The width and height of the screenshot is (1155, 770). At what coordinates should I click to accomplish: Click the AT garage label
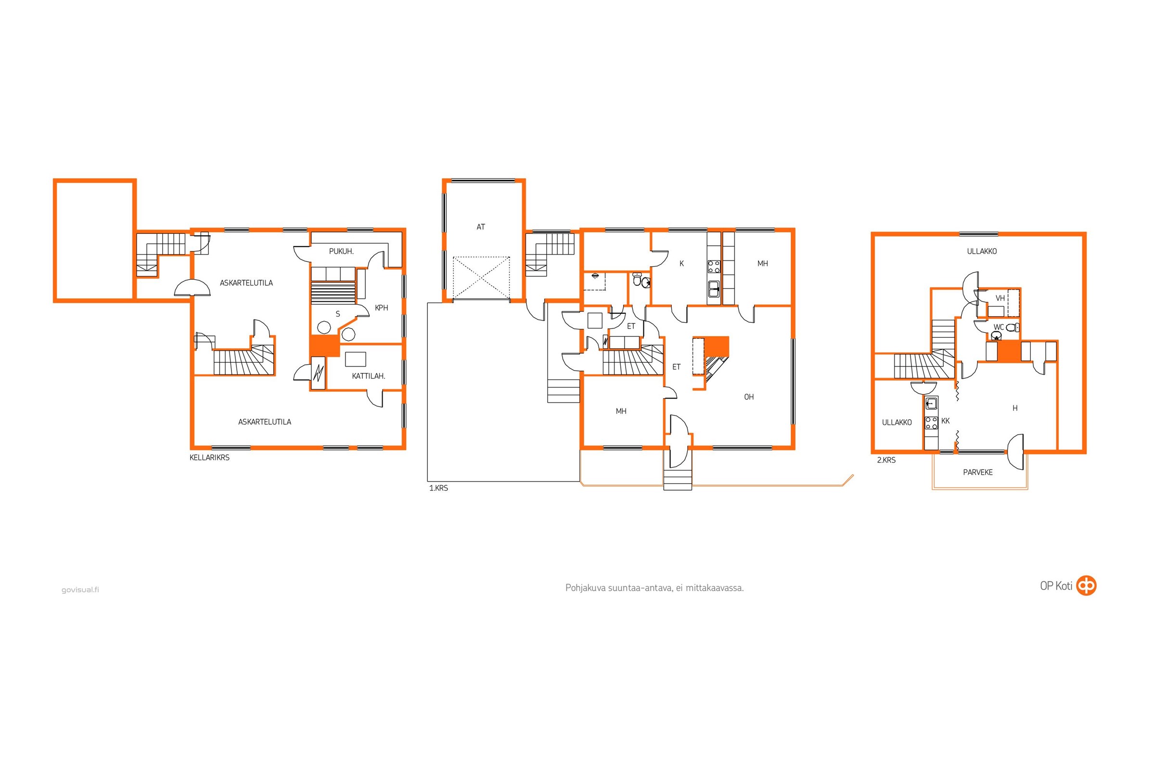coord(481,227)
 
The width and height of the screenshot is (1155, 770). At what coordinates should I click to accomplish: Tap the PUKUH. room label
coord(341,251)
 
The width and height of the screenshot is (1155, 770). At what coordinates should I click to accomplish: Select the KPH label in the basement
coord(382,308)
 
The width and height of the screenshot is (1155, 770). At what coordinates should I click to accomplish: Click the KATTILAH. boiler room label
coord(368,376)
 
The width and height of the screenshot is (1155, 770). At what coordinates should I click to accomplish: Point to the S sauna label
coord(338,314)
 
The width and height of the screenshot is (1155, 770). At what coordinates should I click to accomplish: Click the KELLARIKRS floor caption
coord(210,458)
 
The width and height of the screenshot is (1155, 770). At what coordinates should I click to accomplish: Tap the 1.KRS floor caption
coord(438,488)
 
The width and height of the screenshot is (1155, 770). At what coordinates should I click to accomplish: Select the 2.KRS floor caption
coord(886,460)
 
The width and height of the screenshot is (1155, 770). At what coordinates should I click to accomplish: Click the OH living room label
coord(749,397)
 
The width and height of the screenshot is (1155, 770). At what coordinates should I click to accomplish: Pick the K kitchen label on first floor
coord(681,264)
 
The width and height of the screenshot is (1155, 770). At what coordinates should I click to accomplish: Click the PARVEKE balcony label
coord(978,473)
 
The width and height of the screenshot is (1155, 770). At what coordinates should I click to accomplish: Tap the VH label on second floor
coord(1001,298)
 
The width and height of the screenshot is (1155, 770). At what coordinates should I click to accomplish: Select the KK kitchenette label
coord(945,421)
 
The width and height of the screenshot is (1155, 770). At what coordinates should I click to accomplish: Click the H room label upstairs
coord(1015,408)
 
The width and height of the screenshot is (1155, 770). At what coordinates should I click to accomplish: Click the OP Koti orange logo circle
coord(1086,585)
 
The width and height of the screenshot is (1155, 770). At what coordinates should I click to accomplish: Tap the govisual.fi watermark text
coord(80,590)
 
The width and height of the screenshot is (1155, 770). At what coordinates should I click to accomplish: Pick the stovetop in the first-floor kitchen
coord(714,267)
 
